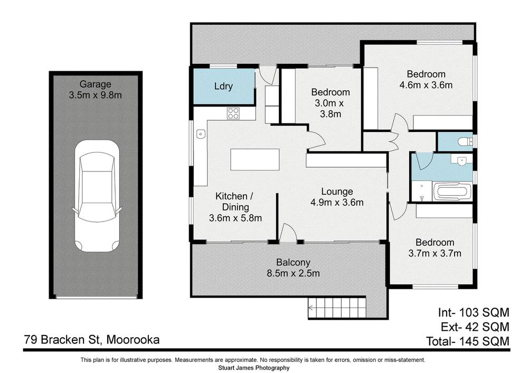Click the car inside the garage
[x=96, y=196]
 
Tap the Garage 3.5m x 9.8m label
[x=96, y=90]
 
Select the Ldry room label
[x=223, y=87]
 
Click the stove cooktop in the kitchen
[x=233, y=113]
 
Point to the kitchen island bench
[x=254, y=160]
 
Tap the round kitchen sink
[x=200, y=135]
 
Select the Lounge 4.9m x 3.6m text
[x=337, y=196]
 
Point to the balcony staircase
[x=336, y=308]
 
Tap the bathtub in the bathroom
[x=452, y=193]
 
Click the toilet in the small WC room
[x=464, y=141]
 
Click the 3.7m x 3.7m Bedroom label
[x=435, y=247]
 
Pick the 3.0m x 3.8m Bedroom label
[x=330, y=102]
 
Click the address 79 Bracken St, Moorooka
[x=91, y=340]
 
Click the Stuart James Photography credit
[x=253, y=368]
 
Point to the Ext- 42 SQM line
[x=474, y=326]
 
